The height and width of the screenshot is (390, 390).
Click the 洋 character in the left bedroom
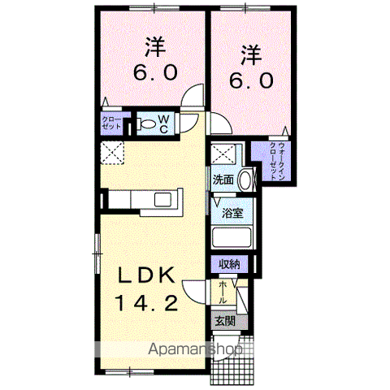154,44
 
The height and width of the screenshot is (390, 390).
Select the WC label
163,125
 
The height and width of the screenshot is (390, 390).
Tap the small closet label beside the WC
112,125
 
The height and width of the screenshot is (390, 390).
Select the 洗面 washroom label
223,180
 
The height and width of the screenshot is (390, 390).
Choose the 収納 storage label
230,265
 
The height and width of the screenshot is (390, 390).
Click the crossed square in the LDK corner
111,152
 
